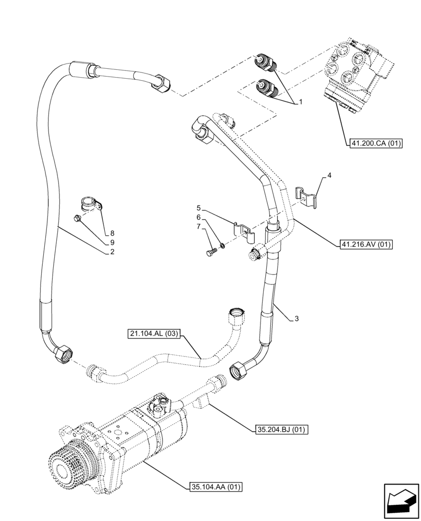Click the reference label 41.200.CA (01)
click(x=373, y=144)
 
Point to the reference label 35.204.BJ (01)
click(x=281, y=430)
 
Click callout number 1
click(x=301, y=103)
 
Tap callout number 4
click(x=329, y=177)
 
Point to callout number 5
click(x=199, y=208)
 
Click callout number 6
click(x=199, y=217)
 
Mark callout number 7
click(x=199, y=227)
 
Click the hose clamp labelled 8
click(x=90, y=204)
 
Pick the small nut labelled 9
click(x=78, y=219)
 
